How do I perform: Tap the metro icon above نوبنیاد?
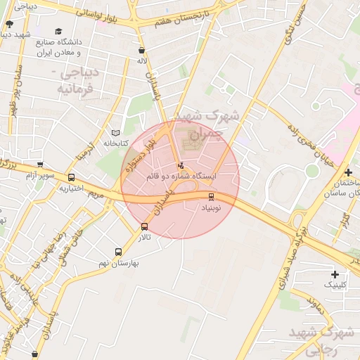coord(212,197)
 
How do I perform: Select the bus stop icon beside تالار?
coord(145,226)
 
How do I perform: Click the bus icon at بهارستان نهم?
coord(117,252)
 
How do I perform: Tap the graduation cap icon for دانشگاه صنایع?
coord(59,32)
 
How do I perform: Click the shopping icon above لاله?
coord(143,51)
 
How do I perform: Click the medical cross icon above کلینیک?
coord(334,274)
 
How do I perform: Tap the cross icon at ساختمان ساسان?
coord(348,172)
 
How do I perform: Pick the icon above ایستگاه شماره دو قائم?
coord(181,165)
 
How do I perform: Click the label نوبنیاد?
coord(212,209)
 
